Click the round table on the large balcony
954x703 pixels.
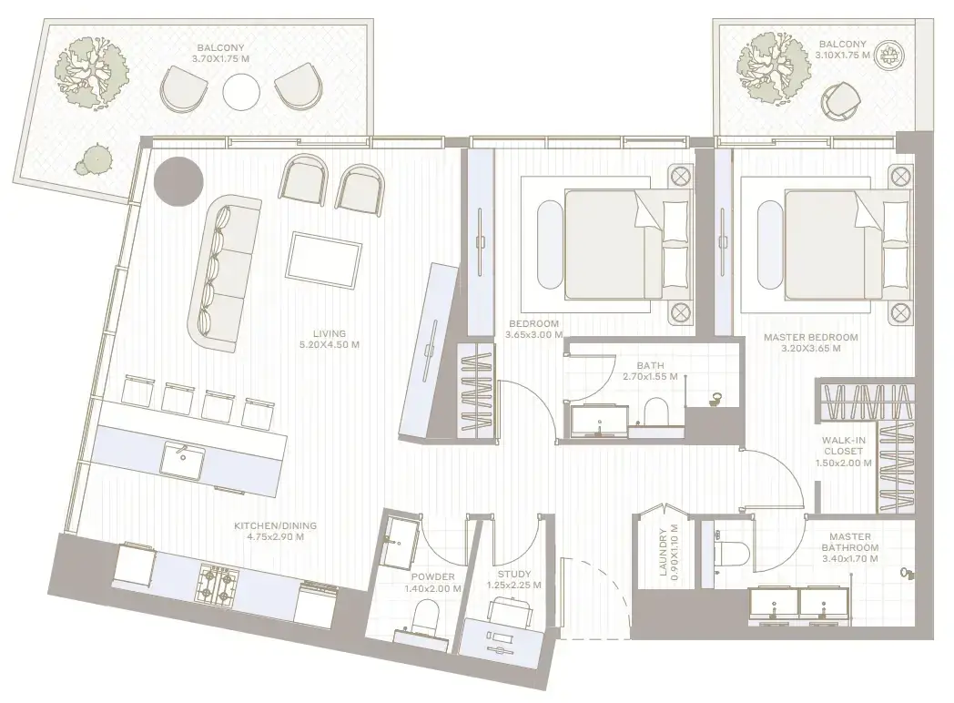pos(241,92)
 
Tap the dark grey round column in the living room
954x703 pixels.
pos(178,181)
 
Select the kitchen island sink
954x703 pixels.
pos(183,460)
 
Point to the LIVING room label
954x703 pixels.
pos(330,333)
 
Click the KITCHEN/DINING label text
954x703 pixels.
pos(276,525)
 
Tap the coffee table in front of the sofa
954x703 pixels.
pos(324,260)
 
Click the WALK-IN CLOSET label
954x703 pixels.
pos(843,445)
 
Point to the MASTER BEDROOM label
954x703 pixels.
pos(810,337)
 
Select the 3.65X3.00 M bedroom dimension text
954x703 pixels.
pos(533,335)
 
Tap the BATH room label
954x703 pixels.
pos(650,366)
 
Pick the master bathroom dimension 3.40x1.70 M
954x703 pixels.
pos(849,558)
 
